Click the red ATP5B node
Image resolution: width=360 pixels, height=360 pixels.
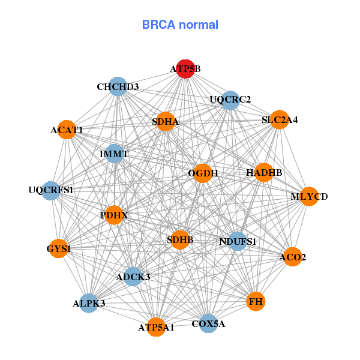click(185, 69)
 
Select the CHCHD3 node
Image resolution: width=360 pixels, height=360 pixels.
click(118, 87)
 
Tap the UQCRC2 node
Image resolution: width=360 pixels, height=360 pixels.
click(230, 100)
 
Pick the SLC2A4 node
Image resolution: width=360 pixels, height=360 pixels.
click(279, 120)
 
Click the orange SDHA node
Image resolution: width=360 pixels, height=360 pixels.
click(165, 122)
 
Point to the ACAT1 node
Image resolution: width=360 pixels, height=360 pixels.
click(67, 130)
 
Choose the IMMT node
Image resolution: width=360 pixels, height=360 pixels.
click(114, 154)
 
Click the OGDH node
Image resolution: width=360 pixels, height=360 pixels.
click(203, 173)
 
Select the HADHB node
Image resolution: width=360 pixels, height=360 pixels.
click(264, 173)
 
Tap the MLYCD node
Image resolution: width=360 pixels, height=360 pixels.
click(309, 196)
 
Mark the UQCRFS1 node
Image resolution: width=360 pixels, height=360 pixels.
click(51, 191)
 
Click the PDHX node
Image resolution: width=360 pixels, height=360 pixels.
click(114, 214)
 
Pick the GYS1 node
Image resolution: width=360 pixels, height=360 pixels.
click(58, 248)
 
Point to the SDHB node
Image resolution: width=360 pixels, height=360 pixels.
click(180, 240)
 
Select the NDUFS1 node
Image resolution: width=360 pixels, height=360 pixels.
click(238, 242)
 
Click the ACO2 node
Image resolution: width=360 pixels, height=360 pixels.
click(292, 257)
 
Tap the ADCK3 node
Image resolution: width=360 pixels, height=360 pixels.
click(133, 277)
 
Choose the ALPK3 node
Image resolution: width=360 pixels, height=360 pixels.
click(89, 303)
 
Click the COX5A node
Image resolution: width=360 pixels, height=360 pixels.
click(208, 324)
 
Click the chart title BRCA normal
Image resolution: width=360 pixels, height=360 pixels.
click(180, 25)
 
